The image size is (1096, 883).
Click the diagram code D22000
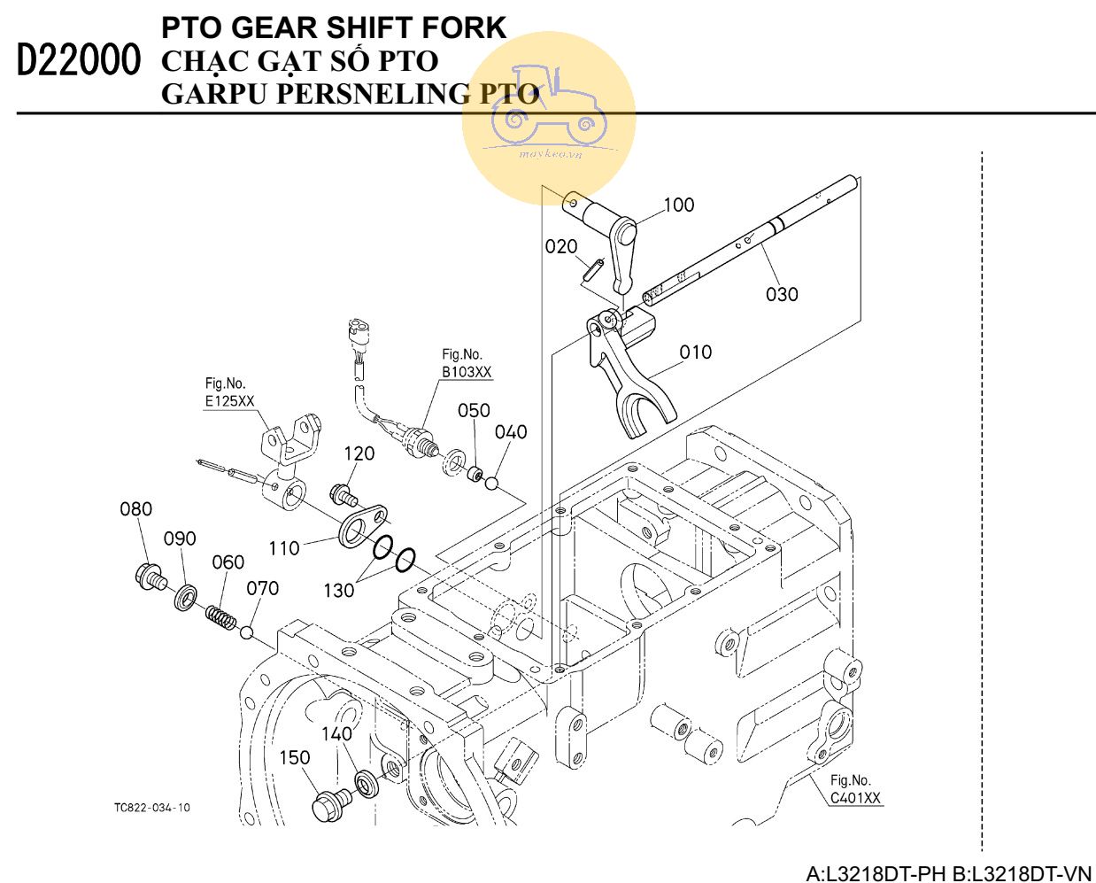(x=79, y=61)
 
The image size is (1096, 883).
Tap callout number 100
(x=678, y=205)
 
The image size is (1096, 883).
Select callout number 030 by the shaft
(x=782, y=294)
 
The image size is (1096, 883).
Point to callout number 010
(x=695, y=352)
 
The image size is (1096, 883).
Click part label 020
(x=561, y=246)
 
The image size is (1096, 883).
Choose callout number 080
(x=135, y=509)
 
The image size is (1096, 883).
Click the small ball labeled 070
(x=248, y=632)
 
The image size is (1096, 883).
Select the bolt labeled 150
(x=331, y=805)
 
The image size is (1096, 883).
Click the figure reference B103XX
(x=467, y=372)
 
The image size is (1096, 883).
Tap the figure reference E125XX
(x=229, y=401)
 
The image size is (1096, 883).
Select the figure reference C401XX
(x=855, y=798)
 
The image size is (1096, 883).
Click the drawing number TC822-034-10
(x=151, y=808)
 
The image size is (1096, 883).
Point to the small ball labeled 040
(x=492, y=484)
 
